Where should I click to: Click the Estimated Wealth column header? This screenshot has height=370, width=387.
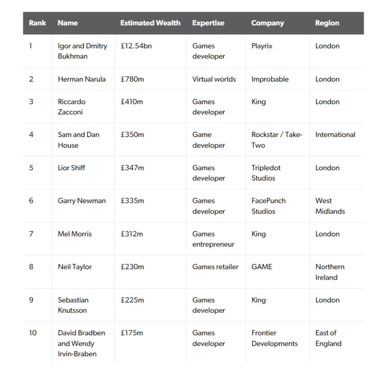[x=150, y=23]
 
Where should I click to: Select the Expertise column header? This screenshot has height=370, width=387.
[x=208, y=23]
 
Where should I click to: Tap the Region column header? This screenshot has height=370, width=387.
[x=327, y=23]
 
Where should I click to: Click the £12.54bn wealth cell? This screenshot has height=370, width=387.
[x=136, y=46]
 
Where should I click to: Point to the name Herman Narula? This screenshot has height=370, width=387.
[x=82, y=79]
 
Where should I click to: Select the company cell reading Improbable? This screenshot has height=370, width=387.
[x=270, y=79]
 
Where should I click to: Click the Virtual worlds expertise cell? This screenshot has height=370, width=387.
[x=214, y=79]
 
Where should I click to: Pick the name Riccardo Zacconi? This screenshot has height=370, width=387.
[x=71, y=107]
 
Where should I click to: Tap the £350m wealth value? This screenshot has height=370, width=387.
[x=132, y=135]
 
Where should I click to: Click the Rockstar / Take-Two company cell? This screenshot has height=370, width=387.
[x=276, y=140]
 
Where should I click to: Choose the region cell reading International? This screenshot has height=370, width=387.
[x=335, y=135]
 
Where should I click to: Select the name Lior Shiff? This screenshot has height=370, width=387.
[x=71, y=168]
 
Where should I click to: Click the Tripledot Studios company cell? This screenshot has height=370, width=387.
[x=266, y=173]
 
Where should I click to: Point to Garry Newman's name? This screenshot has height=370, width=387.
[x=82, y=201]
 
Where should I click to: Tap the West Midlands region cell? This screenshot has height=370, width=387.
[x=330, y=206]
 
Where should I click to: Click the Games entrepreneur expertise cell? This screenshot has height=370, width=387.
[x=213, y=239]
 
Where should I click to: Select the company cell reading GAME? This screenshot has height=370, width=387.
[x=262, y=267]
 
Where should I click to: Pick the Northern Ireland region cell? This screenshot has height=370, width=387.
[x=330, y=272]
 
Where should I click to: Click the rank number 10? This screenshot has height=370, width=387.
[x=33, y=333]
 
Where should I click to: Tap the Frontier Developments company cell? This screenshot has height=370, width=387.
[x=274, y=338]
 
